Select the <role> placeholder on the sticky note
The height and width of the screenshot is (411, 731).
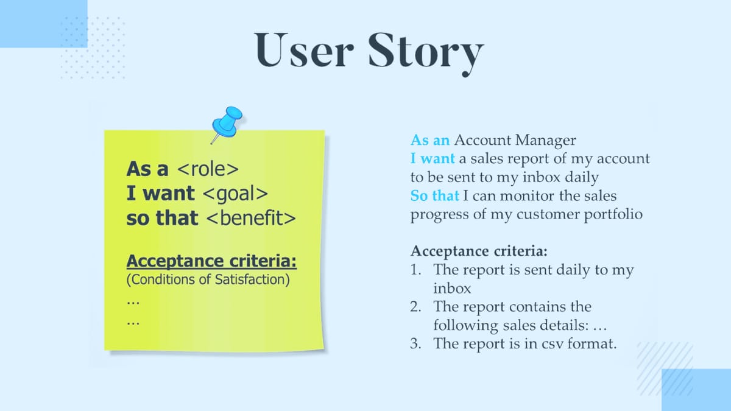(207, 169)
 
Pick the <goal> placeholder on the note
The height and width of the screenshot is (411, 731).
(235, 194)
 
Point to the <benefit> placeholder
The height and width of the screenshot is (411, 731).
(252, 218)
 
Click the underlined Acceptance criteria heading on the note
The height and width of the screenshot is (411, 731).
(211, 261)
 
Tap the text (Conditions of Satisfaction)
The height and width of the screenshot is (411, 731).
(208, 281)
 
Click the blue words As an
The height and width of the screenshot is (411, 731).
(430, 140)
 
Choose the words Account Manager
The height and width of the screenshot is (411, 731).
(515, 140)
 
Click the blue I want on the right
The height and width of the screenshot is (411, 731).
(433, 159)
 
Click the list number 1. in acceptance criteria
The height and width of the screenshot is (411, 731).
(416, 270)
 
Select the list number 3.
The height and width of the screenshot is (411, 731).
(416, 343)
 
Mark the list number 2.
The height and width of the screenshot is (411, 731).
(416, 307)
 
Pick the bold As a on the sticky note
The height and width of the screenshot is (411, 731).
(147, 169)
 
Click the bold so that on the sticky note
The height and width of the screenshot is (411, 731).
(162, 218)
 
